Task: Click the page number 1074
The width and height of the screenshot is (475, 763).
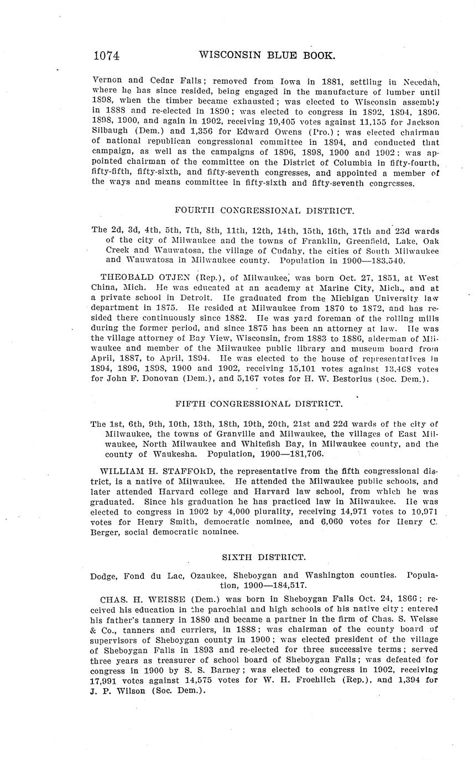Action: pyautogui.click(x=107, y=55)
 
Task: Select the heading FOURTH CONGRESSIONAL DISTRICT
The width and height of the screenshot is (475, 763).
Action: pyautogui.click(x=264, y=211)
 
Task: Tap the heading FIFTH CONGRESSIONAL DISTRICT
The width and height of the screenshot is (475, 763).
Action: pyautogui.click(x=259, y=404)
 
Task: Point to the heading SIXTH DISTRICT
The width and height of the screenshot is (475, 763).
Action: pyautogui.click(x=264, y=558)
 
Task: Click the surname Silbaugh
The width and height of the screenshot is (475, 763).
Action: pyautogui.click(x=112, y=132)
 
